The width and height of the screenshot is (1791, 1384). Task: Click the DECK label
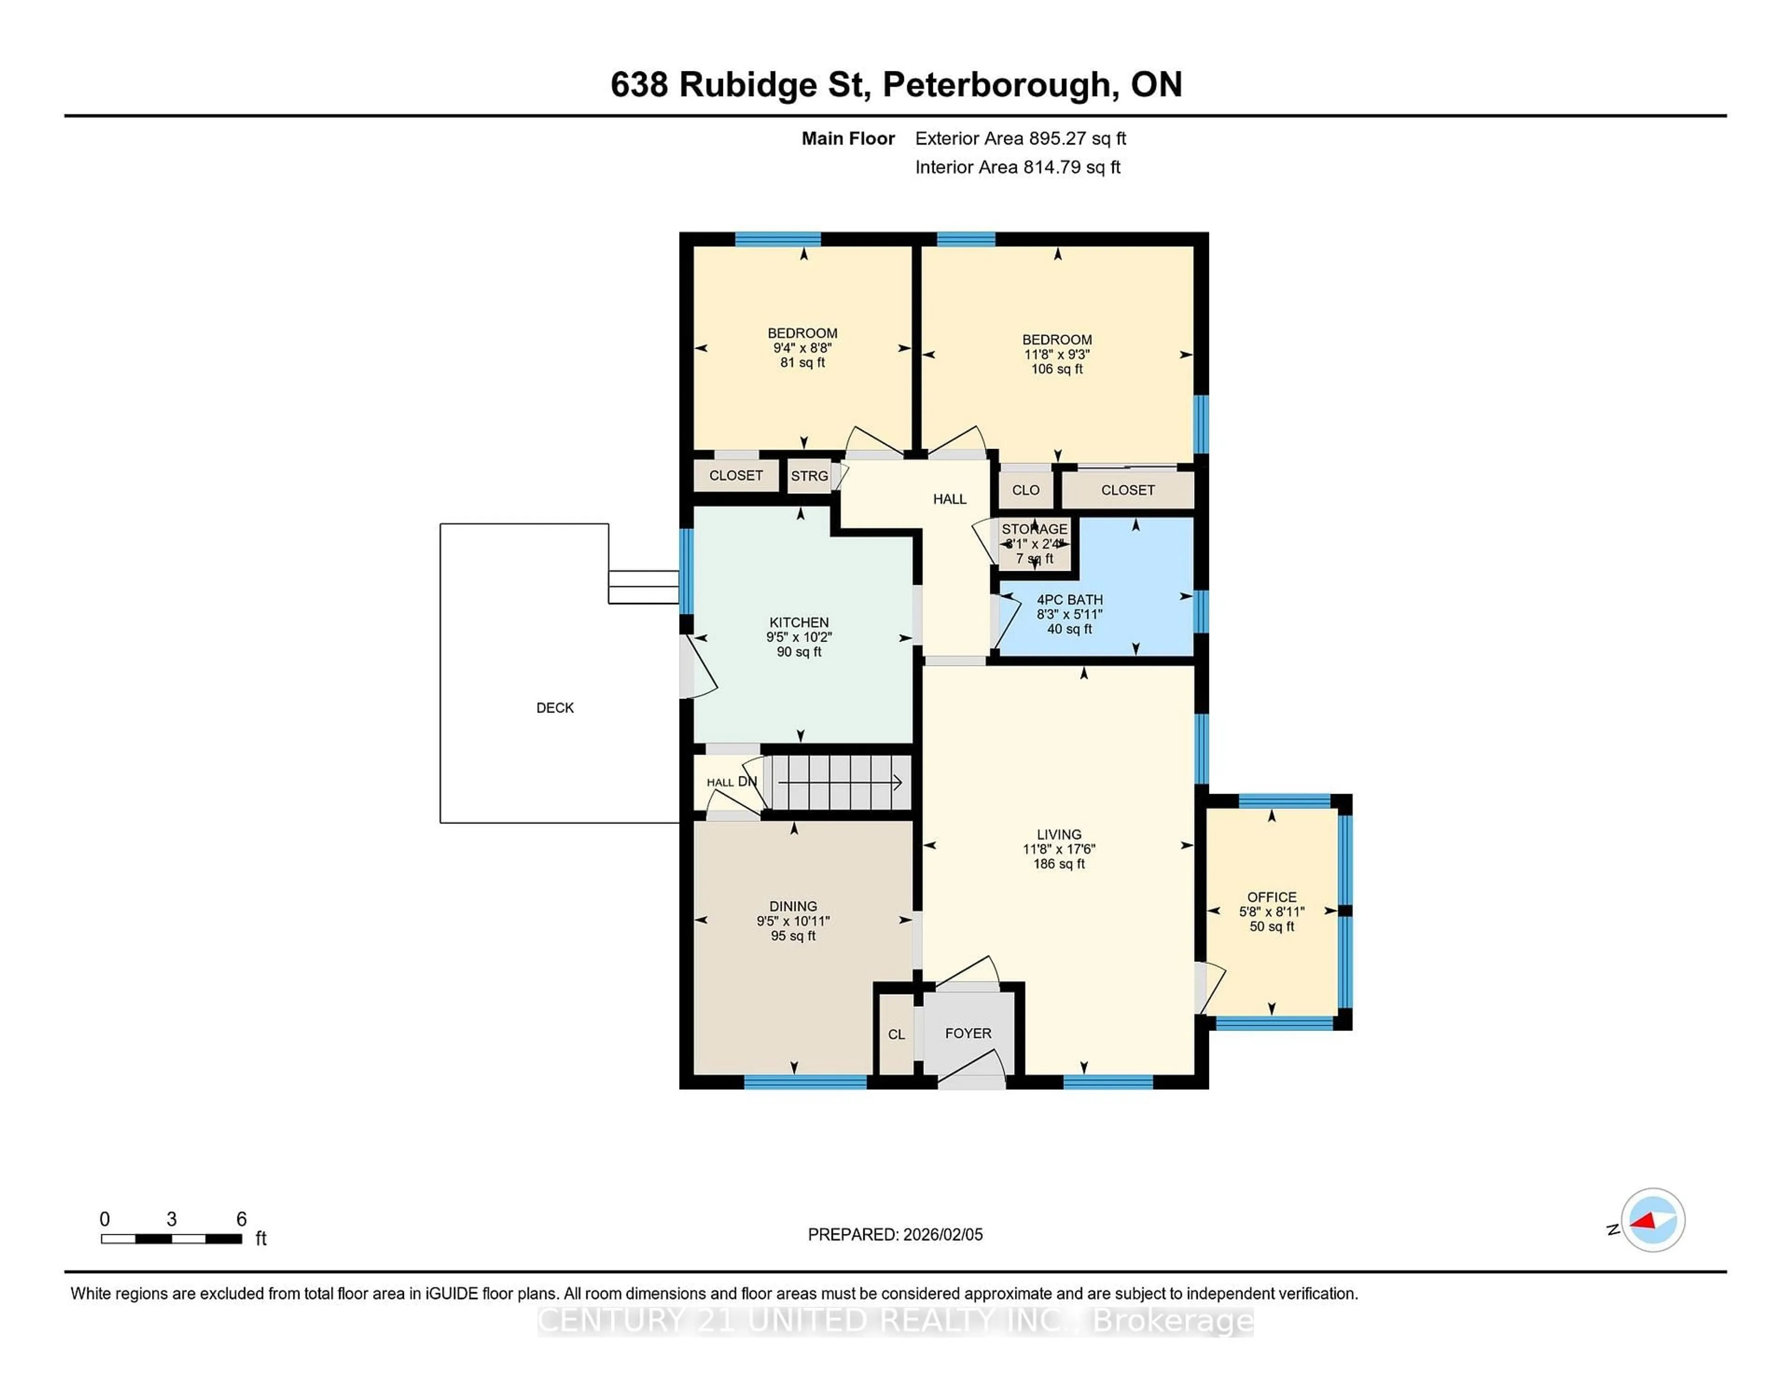555,707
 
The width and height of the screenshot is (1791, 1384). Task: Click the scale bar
171,1238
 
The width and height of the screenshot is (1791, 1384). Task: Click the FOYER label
968,1033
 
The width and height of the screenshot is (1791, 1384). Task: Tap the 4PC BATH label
1069,599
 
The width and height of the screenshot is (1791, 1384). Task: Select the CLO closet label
1025,490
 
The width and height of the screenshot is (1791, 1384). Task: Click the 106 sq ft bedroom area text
1056,369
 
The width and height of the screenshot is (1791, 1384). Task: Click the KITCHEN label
799,623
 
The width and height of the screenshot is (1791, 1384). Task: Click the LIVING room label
1059,834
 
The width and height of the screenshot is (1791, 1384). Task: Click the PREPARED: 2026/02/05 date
895,1234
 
